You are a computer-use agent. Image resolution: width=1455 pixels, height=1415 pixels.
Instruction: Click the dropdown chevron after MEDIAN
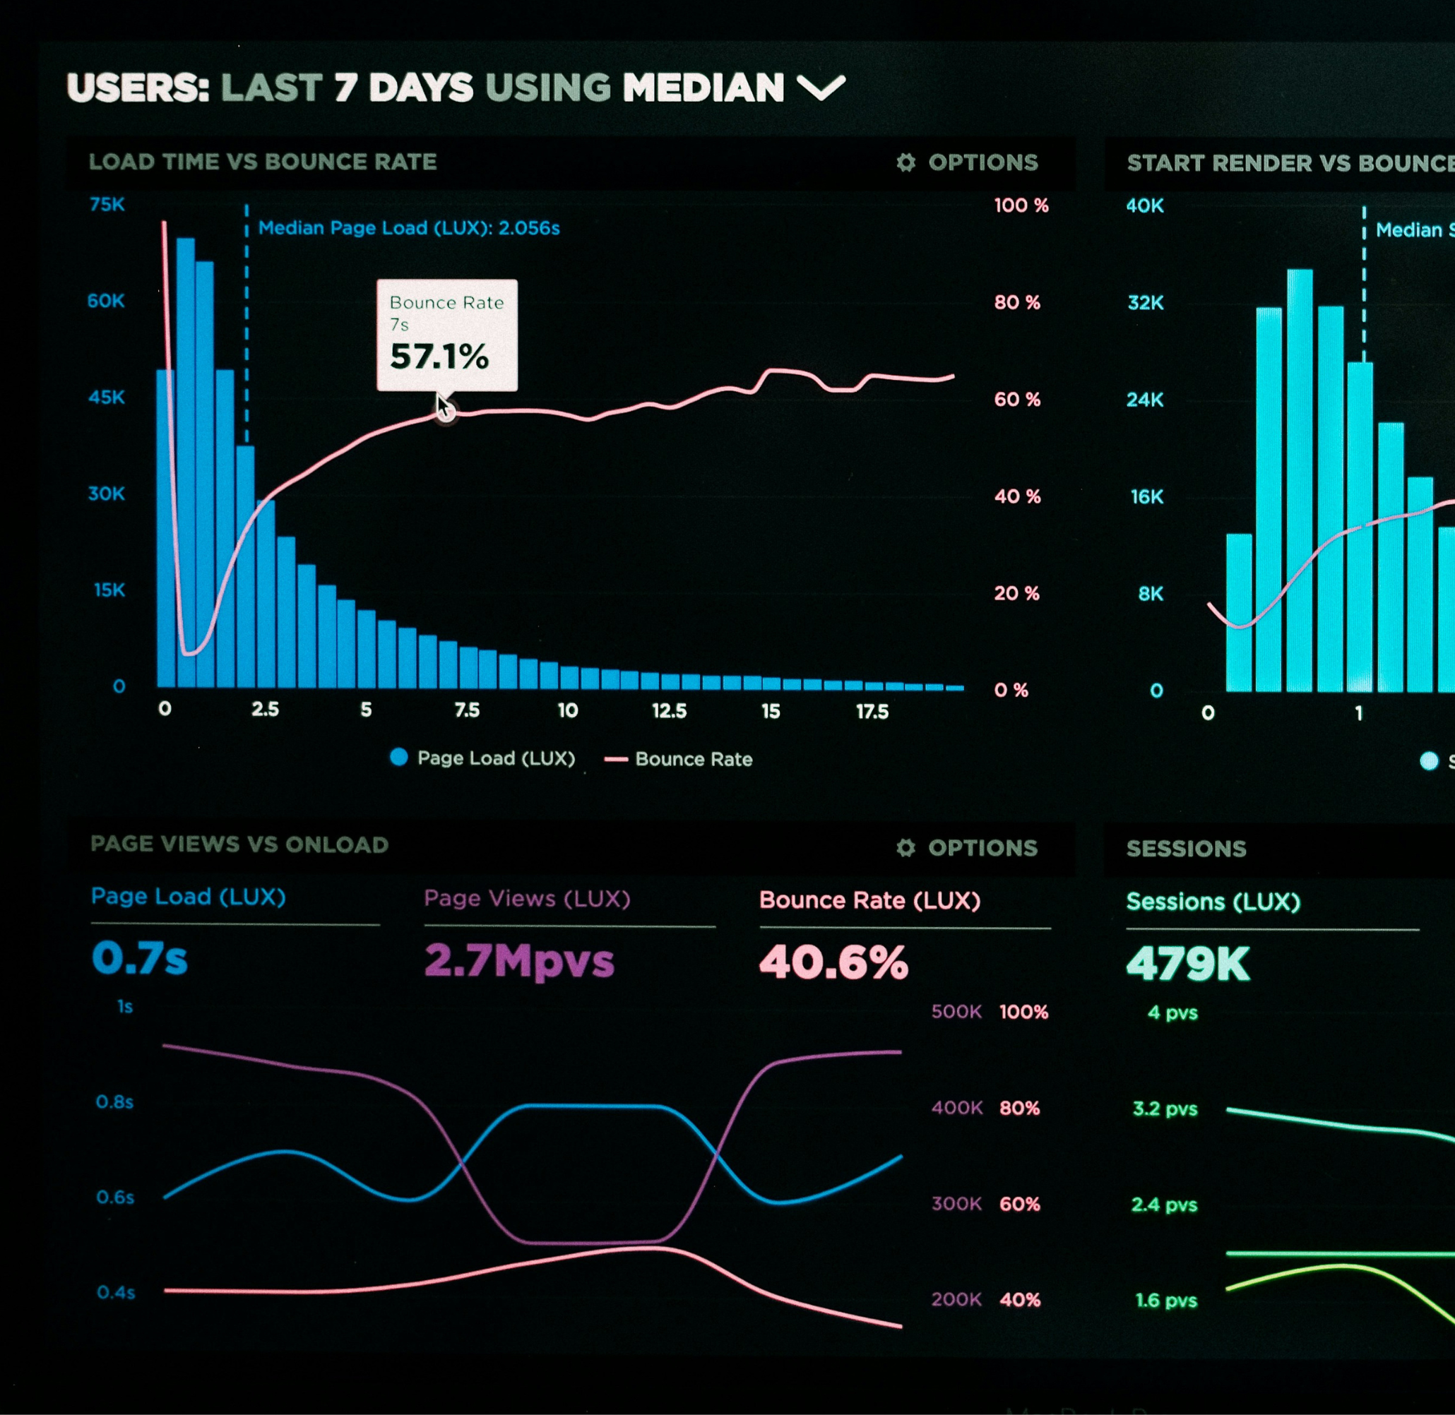click(821, 88)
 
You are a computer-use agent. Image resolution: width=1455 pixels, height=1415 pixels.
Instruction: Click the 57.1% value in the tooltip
click(439, 357)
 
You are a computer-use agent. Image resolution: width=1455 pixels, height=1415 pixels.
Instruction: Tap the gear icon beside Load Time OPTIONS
click(905, 163)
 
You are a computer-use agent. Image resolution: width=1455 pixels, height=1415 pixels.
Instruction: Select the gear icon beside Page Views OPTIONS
click(905, 848)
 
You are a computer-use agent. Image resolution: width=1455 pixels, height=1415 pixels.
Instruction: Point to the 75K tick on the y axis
click(107, 204)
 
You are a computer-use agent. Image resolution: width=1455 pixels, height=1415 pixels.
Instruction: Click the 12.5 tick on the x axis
click(669, 711)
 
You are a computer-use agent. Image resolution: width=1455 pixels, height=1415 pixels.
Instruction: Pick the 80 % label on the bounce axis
click(1017, 302)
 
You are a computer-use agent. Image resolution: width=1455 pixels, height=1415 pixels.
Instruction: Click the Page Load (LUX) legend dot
click(399, 758)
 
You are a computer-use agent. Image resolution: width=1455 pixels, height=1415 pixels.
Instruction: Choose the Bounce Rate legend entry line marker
click(617, 760)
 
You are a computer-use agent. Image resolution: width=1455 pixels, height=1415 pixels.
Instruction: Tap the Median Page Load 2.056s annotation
click(408, 228)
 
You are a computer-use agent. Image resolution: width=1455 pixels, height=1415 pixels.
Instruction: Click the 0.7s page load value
click(140, 958)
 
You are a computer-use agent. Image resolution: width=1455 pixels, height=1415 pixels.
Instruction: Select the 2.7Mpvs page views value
click(519, 960)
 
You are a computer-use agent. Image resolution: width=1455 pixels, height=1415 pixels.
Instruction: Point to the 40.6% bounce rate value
click(833, 962)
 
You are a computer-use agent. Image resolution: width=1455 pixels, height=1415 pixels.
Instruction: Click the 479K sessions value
click(1187, 965)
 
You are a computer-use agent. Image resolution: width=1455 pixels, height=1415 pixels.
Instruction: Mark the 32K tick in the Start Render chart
click(1146, 303)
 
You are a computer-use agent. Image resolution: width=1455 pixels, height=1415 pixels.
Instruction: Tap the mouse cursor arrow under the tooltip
click(443, 407)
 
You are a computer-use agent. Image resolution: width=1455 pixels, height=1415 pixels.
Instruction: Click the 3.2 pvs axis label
click(1164, 1109)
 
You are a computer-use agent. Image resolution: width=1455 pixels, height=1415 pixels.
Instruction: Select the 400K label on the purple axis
click(957, 1108)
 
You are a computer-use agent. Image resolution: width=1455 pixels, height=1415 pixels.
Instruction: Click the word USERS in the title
click(138, 88)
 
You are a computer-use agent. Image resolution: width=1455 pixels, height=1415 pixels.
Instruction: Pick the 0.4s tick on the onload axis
click(116, 1293)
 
